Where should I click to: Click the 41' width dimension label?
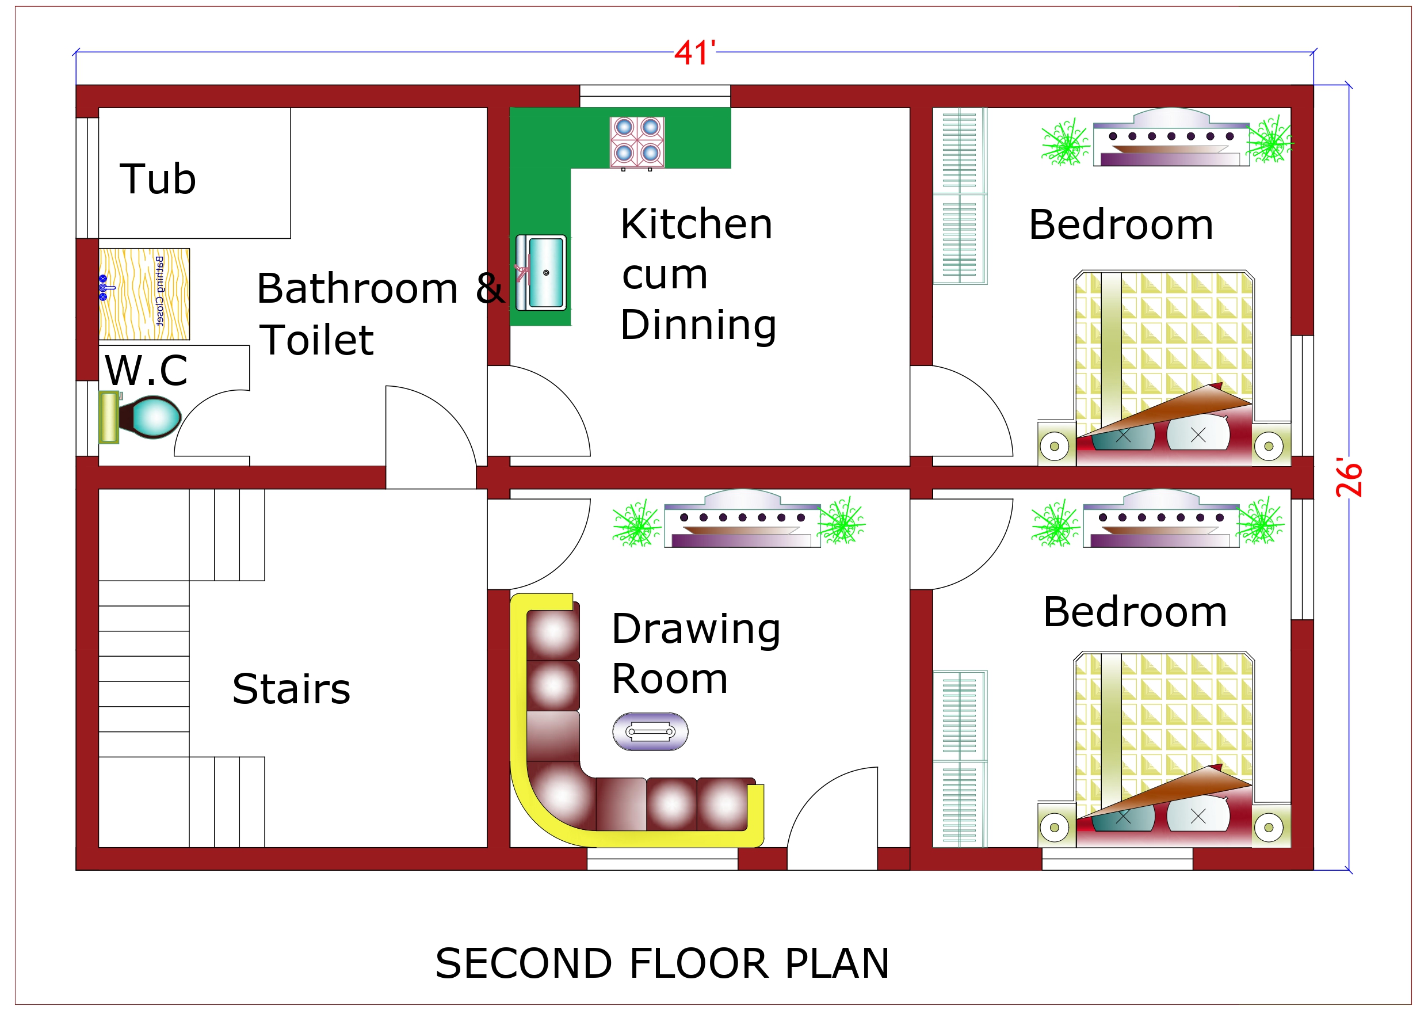coord(694,54)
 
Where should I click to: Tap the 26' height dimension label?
coord(1349,478)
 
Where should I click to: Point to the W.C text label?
coord(146,371)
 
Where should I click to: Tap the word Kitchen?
coord(696,224)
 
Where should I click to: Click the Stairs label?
coord(291,689)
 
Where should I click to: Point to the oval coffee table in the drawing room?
coord(650,731)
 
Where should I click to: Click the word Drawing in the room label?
coord(696,630)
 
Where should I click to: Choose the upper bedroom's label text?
coord(1120,224)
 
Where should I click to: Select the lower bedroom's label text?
coord(1135,612)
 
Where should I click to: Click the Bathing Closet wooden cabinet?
coord(144,294)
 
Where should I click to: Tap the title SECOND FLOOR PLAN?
coord(662,963)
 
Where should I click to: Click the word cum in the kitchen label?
coord(665,275)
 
